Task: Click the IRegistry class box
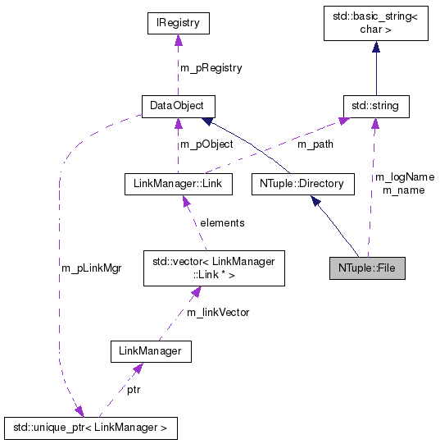(178, 24)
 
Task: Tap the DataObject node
(178, 106)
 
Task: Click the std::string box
(375, 106)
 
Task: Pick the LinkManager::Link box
(177, 183)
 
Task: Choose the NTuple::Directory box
(302, 183)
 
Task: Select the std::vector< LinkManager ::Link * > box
(214, 268)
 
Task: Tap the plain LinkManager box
(151, 352)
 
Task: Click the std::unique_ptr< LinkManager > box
(90, 428)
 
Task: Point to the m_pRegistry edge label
(211, 67)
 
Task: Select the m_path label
(316, 144)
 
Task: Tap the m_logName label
(404, 176)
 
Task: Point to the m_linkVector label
(217, 312)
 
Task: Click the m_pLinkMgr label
(91, 268)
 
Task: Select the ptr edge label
(133, 390)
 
